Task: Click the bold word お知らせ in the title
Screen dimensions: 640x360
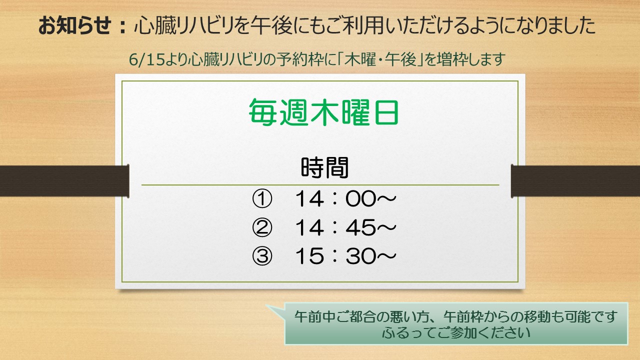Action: click(75, 25)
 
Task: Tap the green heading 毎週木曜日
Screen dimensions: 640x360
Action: click(323, 112)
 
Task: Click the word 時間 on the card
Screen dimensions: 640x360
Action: click(325, 167)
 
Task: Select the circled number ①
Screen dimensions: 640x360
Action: click(262, 199)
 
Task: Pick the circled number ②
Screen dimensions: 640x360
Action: click(262, 227)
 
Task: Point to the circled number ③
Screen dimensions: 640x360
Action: click(262, 256)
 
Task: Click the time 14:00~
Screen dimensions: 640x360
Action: click(345, 199)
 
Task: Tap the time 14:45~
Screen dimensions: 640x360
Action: click(345, 227)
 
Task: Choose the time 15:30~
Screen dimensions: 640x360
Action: click(345, 256)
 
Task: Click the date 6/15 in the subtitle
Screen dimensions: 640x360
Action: click(147, 59)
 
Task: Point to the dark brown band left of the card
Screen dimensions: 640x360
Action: click(64, 181)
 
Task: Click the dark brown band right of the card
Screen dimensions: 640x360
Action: click(575, 181)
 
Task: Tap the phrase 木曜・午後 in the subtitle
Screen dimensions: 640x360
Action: click(380, 59)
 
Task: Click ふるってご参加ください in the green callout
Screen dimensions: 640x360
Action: click(456, 332)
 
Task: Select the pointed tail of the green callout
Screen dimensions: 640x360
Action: click(267, 305)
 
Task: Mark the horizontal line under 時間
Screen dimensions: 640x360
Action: click(320, 185)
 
